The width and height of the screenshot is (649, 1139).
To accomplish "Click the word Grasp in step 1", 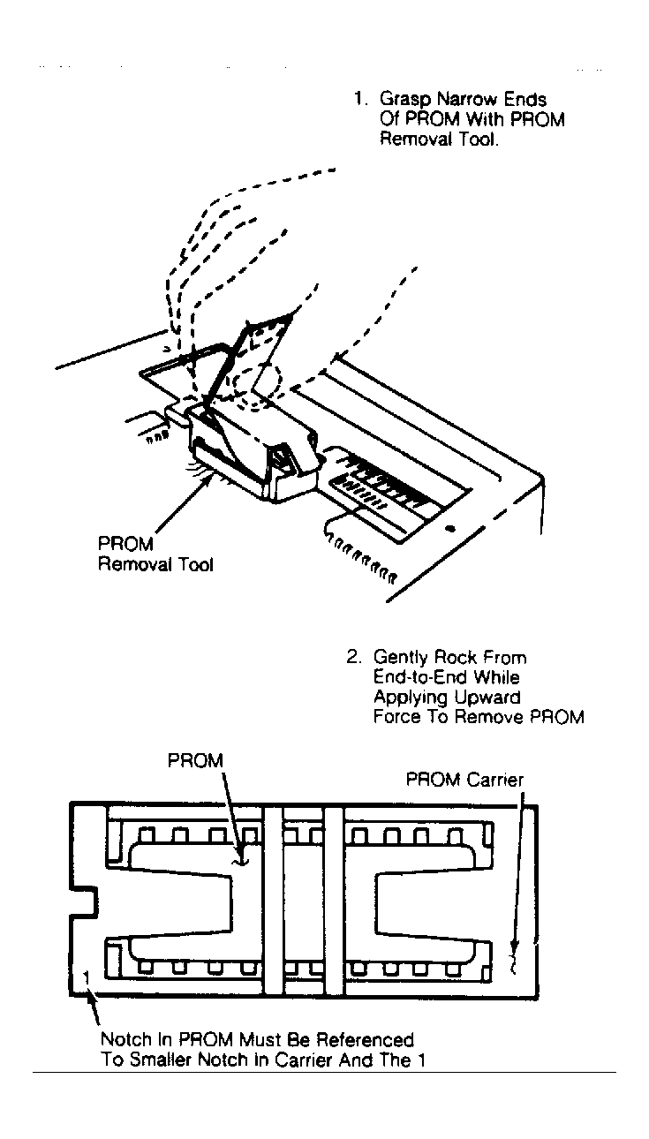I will point(404,100).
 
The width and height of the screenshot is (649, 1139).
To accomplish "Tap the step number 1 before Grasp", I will point(359,100).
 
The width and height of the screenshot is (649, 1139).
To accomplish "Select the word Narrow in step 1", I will point(466,100).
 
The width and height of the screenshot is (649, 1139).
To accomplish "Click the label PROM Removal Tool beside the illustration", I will point(155,554).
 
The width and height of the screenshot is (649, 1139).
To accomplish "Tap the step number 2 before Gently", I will point(352,658).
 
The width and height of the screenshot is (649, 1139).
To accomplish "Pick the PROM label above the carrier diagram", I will point(196,760).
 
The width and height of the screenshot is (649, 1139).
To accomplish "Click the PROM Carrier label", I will point(464,780).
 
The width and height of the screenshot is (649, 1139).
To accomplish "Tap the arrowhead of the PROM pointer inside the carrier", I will point(237,859).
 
